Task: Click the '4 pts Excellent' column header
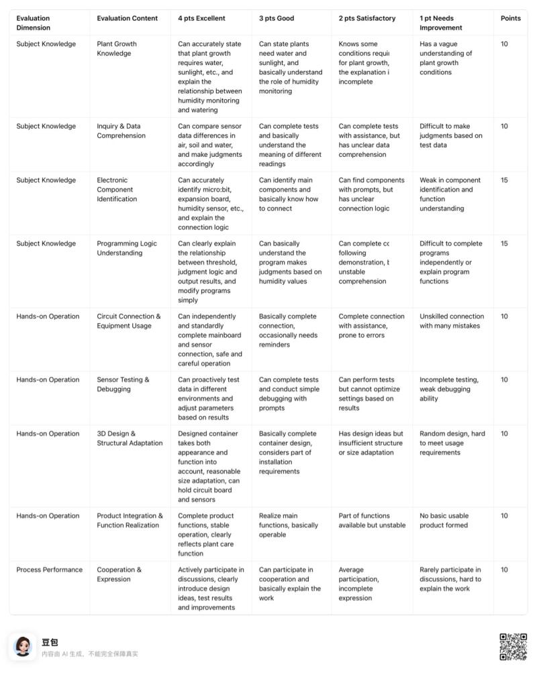click(201, 18)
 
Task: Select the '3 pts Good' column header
click(277, 18)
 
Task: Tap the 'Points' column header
click(510, 18)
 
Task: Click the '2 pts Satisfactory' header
click(367, 18)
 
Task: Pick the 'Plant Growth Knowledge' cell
click(117, 48)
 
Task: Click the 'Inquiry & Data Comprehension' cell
click(121, 131)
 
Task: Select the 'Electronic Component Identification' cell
click(117, 189)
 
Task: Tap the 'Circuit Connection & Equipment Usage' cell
click(129, 321)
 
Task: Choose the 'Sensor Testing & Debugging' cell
click(124, 384)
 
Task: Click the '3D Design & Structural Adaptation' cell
click(130, 438)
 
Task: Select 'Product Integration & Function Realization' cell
click(130, 520)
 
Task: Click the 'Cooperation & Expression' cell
click(119, 574)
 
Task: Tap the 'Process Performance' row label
click(49, 570)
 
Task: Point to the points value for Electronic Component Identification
click(505, 180)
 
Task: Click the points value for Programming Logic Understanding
click(505, 243)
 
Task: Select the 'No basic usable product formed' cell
click(444, 520)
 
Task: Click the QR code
click(513, 647)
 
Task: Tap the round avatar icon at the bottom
click(23, 647)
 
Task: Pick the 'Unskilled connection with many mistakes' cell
click(452, 321)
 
